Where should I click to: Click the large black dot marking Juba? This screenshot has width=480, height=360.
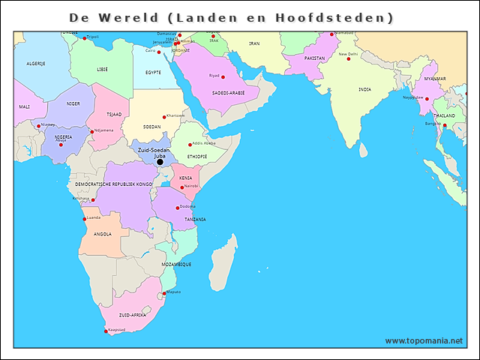pos(160,161)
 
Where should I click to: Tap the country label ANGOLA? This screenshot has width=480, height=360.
pos(103,234)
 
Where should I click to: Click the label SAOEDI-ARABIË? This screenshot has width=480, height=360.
pos(229,93)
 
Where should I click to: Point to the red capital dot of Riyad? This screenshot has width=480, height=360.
pos(223,76)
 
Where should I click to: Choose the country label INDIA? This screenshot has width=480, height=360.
pos(364,89)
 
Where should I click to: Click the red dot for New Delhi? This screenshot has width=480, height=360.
pos(348,59)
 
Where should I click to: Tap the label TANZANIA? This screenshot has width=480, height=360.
pos(195,219)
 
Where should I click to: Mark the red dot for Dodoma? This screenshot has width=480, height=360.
pos(178,208)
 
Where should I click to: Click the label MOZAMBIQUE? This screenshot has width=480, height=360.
pos(176,265)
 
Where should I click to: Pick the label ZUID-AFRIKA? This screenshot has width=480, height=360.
pos(133,315)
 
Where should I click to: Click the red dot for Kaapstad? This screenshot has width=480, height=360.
pos(106,331)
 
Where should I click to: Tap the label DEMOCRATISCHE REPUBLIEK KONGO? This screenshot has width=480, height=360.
pos(113,184)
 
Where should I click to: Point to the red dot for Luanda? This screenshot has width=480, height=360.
pos(84,219)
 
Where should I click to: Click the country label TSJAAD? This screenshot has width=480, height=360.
pos(114,115)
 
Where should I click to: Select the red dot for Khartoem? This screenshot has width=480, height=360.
pos(164,117)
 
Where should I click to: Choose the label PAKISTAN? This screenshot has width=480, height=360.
pos(315,58)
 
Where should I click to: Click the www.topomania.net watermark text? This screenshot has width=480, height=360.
pos(424,340)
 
